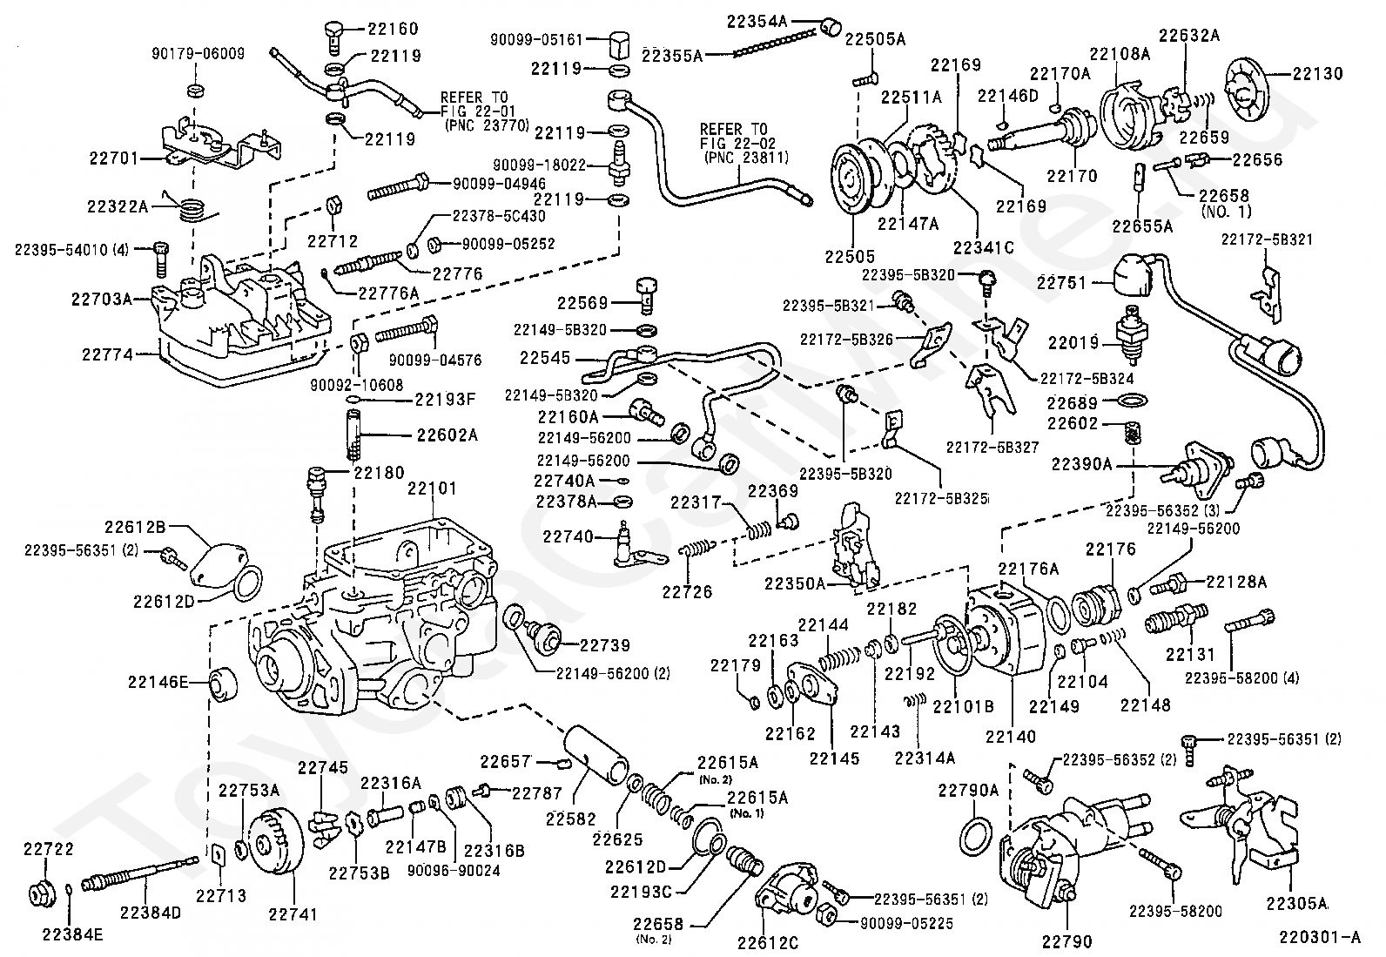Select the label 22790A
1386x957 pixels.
pos(968,791)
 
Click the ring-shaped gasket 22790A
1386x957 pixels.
pos(977,834)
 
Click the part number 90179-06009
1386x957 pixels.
pos(198,54)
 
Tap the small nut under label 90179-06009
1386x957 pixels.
pos(195,91)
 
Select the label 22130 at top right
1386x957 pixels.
pos(1317,74)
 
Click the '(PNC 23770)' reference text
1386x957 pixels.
pos(487,125)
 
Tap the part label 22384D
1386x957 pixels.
pos(151,913)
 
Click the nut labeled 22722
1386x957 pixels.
pos(44,893)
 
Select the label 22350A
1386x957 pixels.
pos(795,583)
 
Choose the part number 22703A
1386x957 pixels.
pos(102,300)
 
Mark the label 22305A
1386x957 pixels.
pos(1297,904)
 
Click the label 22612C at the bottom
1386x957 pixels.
pos(767,943)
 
